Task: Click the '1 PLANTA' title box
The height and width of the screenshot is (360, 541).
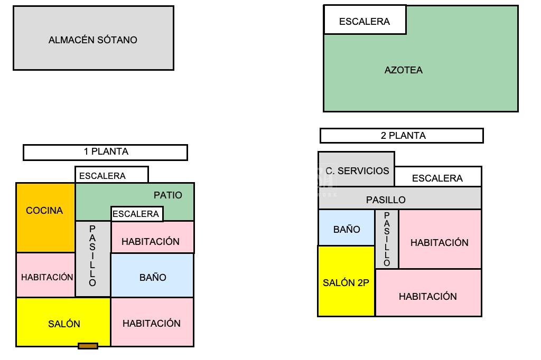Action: pos(105,152)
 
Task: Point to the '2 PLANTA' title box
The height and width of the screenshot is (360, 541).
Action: pos(402,136)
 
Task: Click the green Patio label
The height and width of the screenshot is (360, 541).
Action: pos(168,195)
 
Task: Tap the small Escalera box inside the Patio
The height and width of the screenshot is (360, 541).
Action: pos(136,214)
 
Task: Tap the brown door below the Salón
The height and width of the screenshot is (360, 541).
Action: pos(88,346)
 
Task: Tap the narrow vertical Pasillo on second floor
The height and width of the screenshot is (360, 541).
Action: pos(387,239)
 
